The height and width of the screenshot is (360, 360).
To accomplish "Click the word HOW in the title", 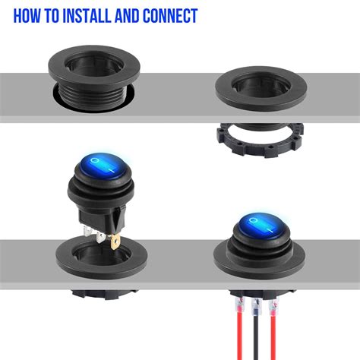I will point(30,16).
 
